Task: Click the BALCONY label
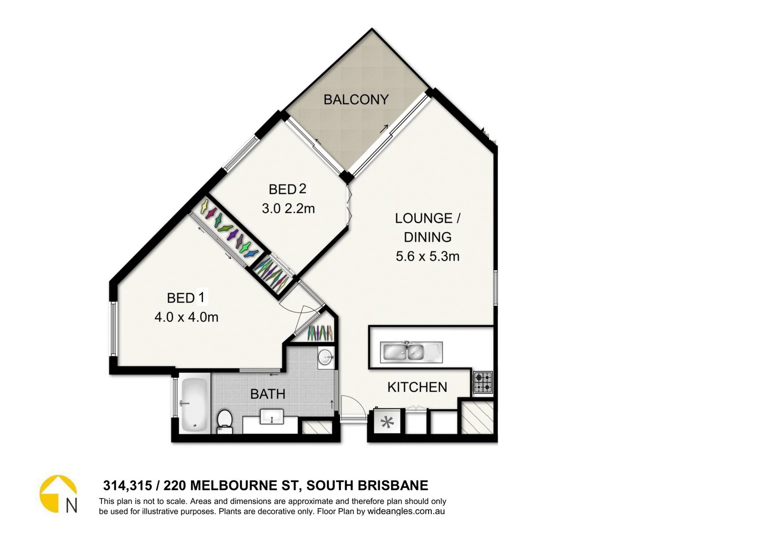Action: point(356,99)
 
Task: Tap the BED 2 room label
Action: point(287,189)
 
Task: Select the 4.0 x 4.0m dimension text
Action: point(186,317)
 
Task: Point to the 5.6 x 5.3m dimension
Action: point(427,256)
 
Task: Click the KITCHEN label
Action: point(417,387)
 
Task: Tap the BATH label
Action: point(267,394)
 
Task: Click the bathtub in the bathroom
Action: point(194,405)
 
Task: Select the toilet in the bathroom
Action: point(224,421)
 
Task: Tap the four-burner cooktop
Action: point(483,382)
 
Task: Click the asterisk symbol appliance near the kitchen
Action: point(387,423)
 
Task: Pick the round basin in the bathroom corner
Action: point(326,357)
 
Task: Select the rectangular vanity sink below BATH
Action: point(272,416)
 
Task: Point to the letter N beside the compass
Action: point(71,506)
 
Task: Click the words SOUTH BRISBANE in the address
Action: point(367,485)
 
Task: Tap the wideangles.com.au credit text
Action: point(406,511)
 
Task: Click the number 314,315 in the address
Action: point(127,485)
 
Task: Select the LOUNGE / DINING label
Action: point(427,227)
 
